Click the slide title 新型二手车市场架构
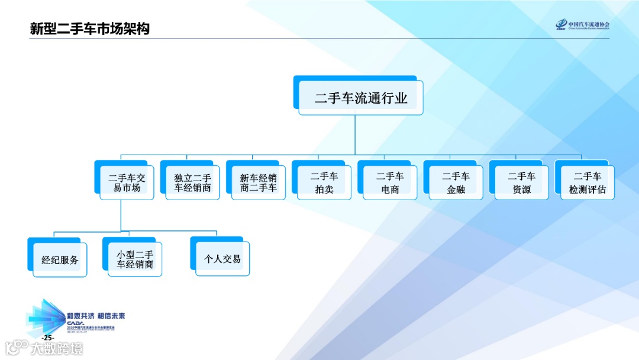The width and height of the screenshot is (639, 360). point(90,28)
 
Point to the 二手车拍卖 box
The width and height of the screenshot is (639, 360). point(324,182)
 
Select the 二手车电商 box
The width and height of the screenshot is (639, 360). point(390,182)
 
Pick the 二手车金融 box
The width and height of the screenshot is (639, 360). point(456,182)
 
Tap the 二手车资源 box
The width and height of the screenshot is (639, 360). point(521,182)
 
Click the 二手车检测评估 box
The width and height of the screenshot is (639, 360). point(588,182)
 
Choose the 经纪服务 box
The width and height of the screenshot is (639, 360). point(60,259)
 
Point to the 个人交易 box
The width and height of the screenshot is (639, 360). point(222,259)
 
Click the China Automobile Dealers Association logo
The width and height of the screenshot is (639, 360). point(583,25)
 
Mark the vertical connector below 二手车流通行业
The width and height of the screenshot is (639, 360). point(355,135)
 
